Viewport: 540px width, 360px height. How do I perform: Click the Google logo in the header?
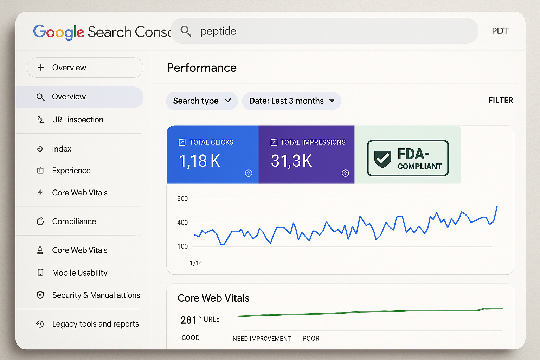(59, 32)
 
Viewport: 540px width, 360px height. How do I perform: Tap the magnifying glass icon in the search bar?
(186, 31)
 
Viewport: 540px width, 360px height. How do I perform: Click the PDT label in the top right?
(500, 31)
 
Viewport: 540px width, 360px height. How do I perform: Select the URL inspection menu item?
(77, 120)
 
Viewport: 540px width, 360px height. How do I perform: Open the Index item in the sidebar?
(62, 149)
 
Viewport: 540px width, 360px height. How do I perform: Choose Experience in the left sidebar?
(71, 171)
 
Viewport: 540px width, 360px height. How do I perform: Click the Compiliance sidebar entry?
(74, 221)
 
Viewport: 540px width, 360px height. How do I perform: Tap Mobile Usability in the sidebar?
(79, 273)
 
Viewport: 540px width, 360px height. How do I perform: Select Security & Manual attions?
(96, 295)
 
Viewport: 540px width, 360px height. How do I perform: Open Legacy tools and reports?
(95, 324)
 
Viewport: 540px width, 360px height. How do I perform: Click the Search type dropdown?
(202, 101)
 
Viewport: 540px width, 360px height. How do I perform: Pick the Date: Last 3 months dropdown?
(291, 101)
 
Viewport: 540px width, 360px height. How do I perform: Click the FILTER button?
(501, 101)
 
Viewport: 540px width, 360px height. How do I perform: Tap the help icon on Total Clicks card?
(249, 173)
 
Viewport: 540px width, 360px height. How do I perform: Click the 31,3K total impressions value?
(291, 161)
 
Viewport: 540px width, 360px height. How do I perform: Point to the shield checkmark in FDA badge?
(382, 159)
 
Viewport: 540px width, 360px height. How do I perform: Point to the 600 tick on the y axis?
(182, 199)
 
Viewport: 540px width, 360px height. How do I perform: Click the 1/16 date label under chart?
(196, 263)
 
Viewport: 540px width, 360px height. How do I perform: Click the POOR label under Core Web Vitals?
(311, 339)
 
